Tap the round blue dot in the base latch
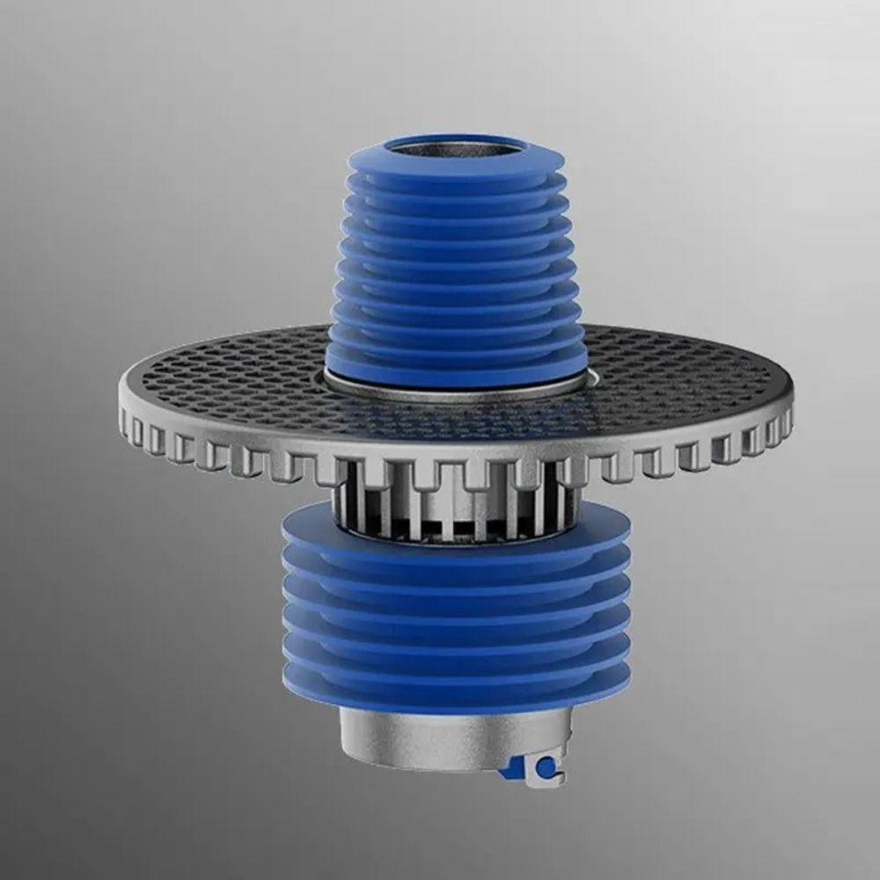(x=546, y=769)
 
